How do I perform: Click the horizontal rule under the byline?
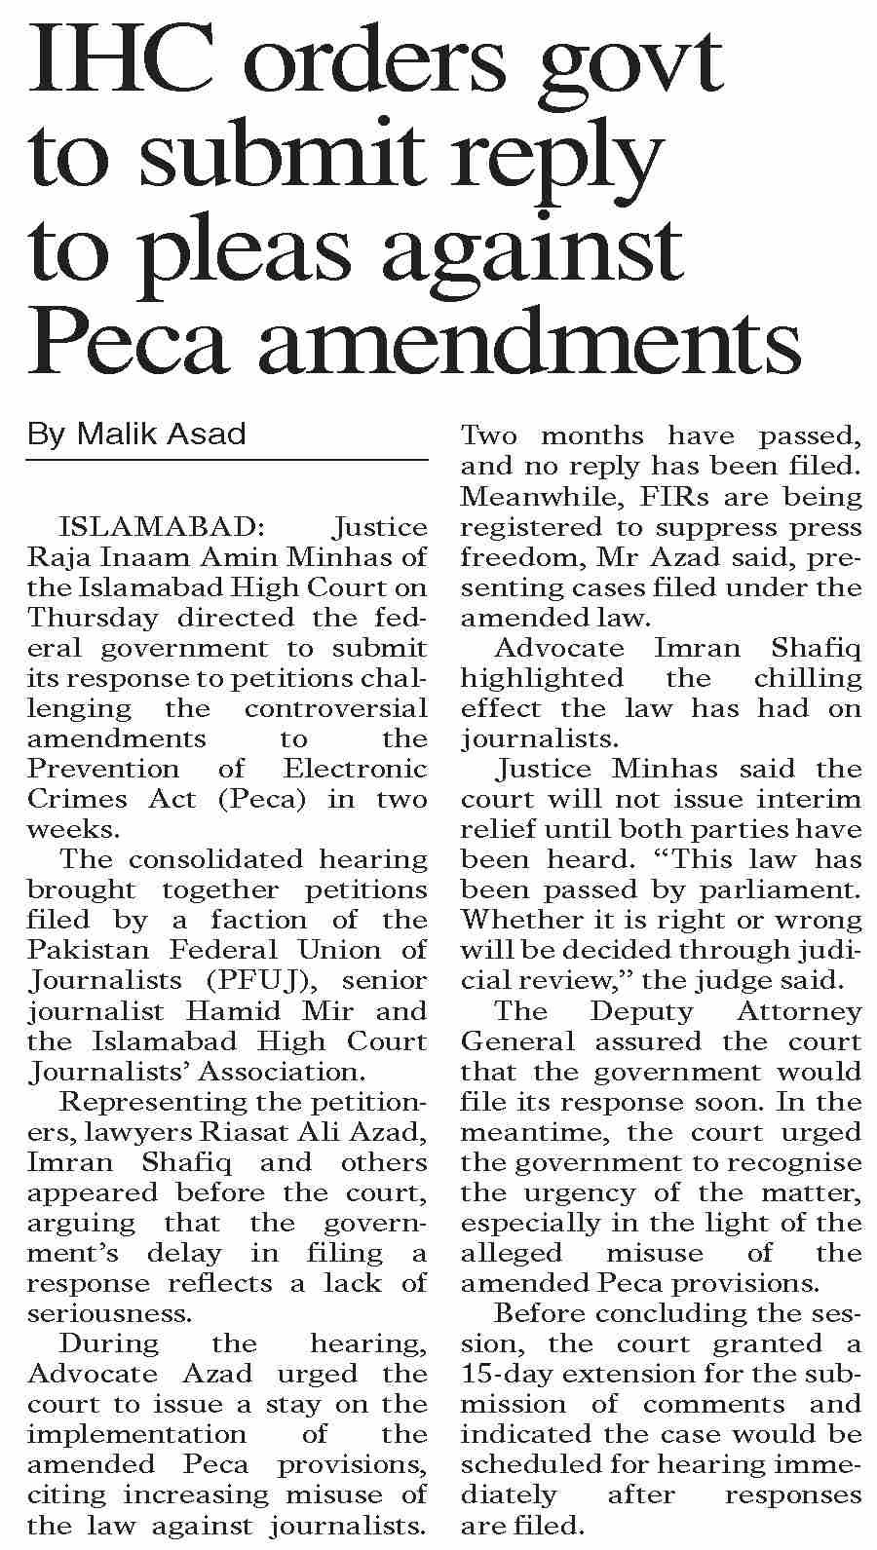[x=227, y=459]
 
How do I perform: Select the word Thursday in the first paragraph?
[x=92, y=618]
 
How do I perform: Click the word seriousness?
[x=107, y=1313]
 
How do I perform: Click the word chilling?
[x=808, y=678]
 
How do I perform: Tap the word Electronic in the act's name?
[x=356, y=769]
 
